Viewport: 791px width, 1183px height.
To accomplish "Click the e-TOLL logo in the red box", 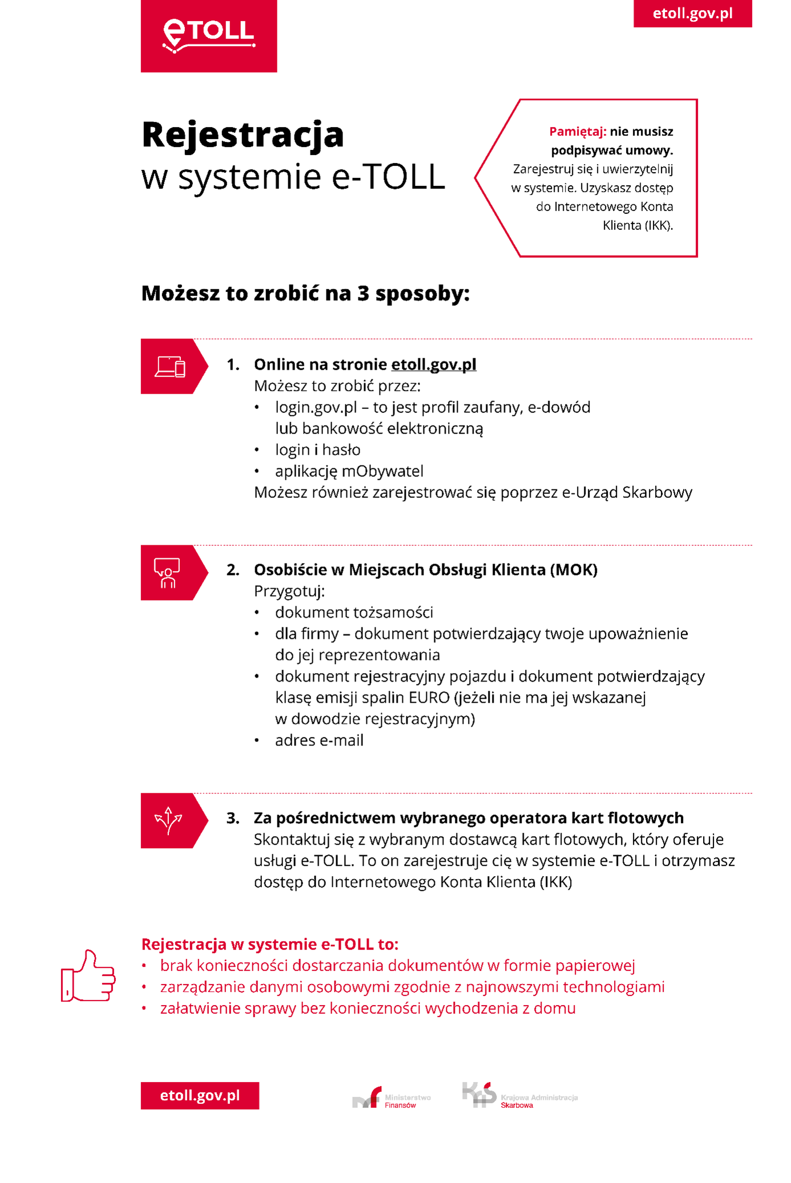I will pyautogui.click(x=209, y=35).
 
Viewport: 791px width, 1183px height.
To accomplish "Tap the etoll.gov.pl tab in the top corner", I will pyautogui.click(x=692, y=13).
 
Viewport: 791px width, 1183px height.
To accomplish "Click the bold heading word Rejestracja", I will pyautogui.click(x=243, y=135).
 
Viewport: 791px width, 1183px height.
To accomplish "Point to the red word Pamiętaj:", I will pyautogui.click(x=577, y=132).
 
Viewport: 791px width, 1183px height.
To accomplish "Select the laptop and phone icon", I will pyautogui.click(x=170, y=366).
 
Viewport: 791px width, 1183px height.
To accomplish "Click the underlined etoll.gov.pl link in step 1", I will pyautogui.click(x=434, y=364).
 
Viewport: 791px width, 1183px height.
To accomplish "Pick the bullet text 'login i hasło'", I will pyautogui.click(x=317, y=450).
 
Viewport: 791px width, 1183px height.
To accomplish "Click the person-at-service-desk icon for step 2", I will pyautogui.click(x=167, y=573).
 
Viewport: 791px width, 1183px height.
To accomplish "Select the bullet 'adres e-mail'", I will pyautogui.click(x=319, y=740).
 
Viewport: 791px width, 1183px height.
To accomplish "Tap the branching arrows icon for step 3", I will pyautogui.click(x=168, y=820).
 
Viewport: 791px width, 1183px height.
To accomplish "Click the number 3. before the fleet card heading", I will pyautogui.click(x=233, y=818).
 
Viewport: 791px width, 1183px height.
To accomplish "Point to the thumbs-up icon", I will pyautogui.click(x=88, y=976).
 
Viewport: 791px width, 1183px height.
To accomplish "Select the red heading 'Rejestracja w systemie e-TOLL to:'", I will pyautogui.click(x=269, y=944).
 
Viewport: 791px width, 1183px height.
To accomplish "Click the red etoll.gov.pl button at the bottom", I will pyautogui.click(x=200, y=1095).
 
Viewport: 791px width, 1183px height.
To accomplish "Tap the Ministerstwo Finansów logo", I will pyautogui.click(x=392, y=1098).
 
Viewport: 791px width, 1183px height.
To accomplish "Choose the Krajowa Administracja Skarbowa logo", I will pyautogui.click(x=519, y=1096).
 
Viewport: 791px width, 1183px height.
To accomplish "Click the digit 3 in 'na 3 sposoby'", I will pyautogui.click(x=364, y=294).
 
